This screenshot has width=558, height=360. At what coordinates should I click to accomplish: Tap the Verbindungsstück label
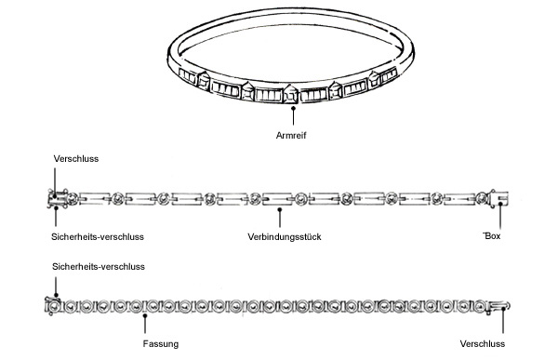tap(286, 237)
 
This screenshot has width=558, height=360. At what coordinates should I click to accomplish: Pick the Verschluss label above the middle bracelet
tap(76, 159)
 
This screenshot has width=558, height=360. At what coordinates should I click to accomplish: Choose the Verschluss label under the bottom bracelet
tap(484, 344)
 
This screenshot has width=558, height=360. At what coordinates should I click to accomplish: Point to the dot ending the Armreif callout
tap(293, 108)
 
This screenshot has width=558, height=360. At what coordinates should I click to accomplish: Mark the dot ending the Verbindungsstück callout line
tap(286, 200)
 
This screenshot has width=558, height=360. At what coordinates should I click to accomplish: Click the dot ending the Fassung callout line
tap(146, 313)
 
